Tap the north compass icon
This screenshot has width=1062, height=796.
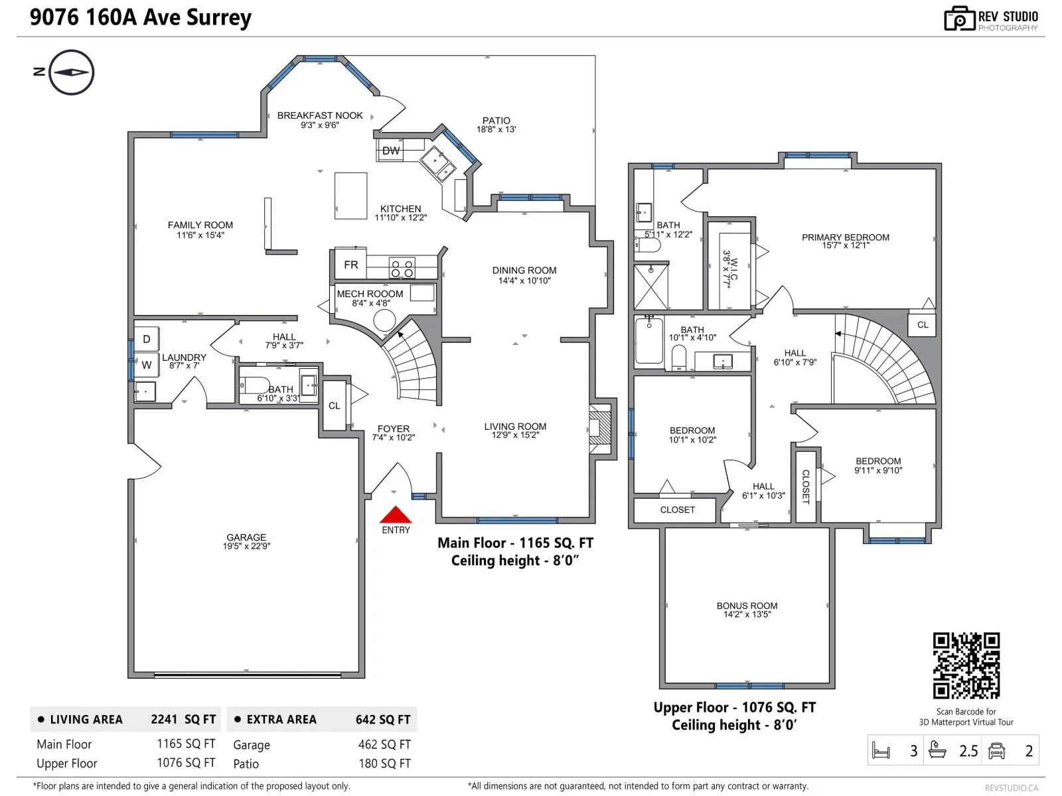71,72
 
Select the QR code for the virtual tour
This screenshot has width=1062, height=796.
966,665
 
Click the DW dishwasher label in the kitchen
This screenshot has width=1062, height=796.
390,151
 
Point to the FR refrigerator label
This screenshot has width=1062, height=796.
350,265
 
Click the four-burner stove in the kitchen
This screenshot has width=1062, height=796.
402,268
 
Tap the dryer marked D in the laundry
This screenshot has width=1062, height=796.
147,339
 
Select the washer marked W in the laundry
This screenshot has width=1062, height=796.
147,365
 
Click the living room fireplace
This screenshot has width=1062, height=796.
600,428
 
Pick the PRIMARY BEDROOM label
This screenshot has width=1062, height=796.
845,237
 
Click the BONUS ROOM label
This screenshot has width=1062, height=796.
747,606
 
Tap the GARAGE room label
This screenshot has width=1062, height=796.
246,537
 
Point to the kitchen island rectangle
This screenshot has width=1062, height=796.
350,196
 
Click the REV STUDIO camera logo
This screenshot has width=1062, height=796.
959,19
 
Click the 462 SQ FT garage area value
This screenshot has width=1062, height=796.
384,744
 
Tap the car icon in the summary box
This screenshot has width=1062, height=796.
996,751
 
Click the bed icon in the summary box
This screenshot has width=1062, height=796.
881,751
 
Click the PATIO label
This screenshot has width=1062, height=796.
496,120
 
